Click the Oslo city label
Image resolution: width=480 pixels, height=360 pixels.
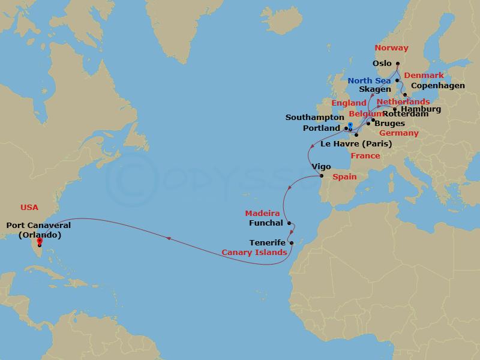coord(382,63)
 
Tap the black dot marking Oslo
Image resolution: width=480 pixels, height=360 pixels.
coord(398,63)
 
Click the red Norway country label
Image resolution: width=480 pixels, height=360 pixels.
coord(391,48)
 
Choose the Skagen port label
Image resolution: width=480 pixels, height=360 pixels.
coord(375,89)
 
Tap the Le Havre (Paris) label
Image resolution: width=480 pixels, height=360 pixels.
coord(356,144)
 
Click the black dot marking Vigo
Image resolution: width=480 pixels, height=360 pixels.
coord(322,176)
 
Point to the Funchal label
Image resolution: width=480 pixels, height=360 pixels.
coord(266,223)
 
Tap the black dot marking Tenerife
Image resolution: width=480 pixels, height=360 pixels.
coord(291,243)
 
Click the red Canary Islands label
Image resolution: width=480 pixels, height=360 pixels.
coord(254,253)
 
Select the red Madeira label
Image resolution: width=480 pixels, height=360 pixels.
coord(262,214)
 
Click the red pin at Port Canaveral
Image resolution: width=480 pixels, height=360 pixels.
coord(39,242)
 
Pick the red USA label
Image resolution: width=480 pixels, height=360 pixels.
coord(29,207)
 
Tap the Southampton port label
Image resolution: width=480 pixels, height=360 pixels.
coord(314,118)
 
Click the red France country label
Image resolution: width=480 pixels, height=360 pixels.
coord(365,156)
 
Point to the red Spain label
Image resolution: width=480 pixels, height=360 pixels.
coord(344,177)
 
